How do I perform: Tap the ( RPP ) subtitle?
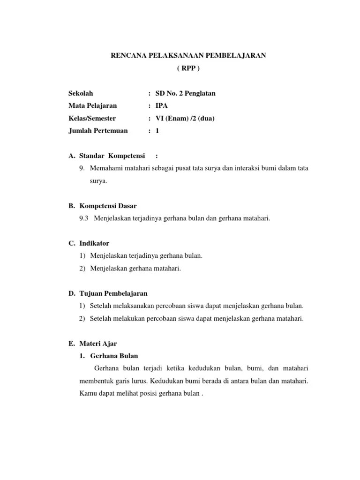(x=188, y=68)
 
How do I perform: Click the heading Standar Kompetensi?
(x=112, y=156)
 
